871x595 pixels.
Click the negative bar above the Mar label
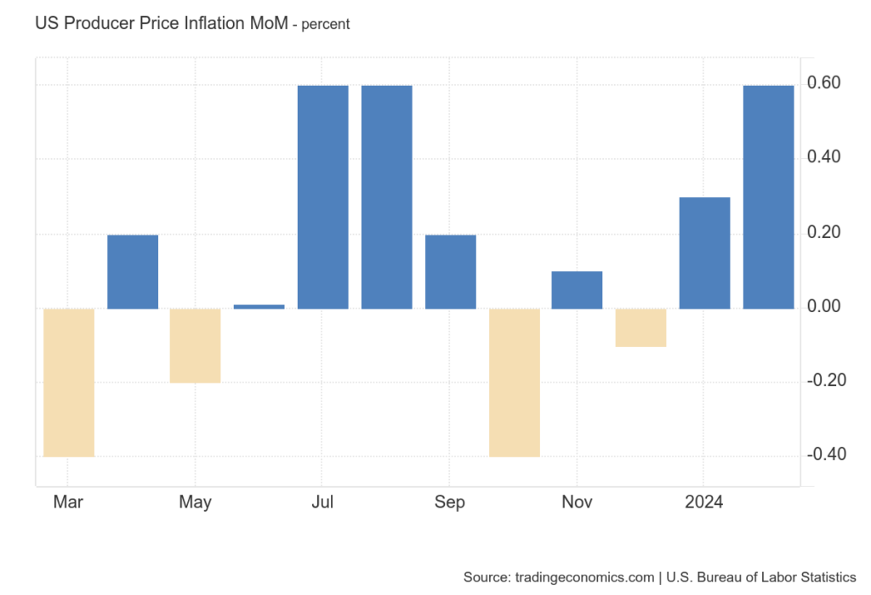tap(68, 382)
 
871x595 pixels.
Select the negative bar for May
tap(195, 345)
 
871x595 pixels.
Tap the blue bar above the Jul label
tap(322, 196)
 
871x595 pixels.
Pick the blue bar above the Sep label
tap(450, 271)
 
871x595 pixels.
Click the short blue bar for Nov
tap(577, 290)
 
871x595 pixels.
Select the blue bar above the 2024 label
tap(704, 252)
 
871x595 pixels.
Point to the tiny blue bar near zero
tap(259, 306)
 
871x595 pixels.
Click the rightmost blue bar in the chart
tap(768, 196)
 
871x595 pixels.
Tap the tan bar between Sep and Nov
tap(514, 382)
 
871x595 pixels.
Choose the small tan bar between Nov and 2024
tap(640, 327)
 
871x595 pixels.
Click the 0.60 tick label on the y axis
tap(824, 83)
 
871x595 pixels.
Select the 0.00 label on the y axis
tap(824, 306)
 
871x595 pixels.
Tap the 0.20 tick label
tap(824, 232)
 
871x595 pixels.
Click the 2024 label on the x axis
tap(704, 502)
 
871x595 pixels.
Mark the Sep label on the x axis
tap(450, 502)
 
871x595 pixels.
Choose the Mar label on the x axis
tap(68, 502)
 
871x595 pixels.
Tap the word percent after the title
tap(323, 25)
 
